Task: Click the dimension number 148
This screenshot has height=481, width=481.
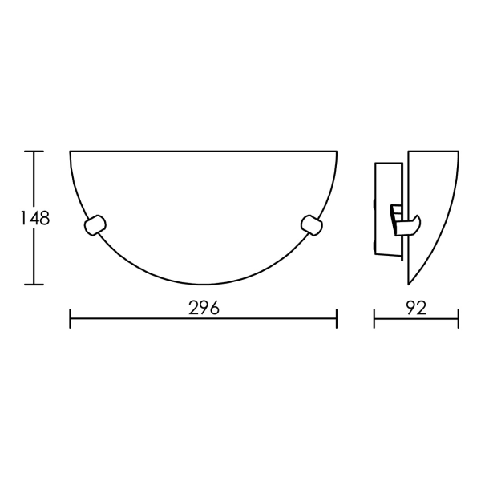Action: pos(34,218)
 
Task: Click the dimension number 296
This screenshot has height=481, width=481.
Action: pos(204,308)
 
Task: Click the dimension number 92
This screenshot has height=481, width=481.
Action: pos(417,308)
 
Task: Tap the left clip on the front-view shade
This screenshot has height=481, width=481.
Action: pos(95,225)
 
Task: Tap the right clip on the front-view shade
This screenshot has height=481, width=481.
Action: pos(312,225)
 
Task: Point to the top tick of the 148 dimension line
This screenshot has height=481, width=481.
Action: pos(34,152)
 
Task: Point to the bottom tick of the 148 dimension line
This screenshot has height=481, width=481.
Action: pos(34,285)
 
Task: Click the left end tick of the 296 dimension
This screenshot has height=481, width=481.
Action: pos(71,319)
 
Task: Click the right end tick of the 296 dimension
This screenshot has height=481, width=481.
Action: pos(337,319)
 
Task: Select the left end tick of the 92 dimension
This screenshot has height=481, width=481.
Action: pos(374,319)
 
